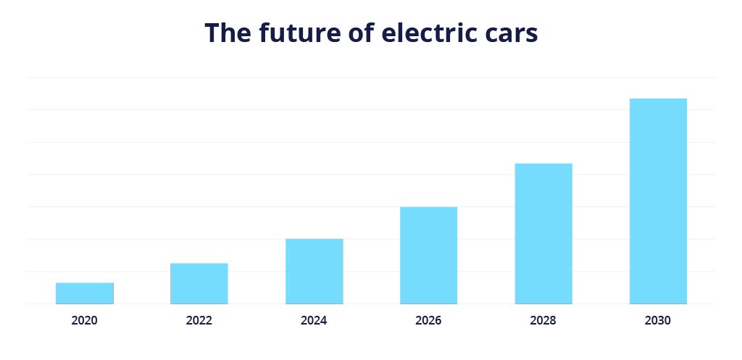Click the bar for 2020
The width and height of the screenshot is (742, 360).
point(84,293)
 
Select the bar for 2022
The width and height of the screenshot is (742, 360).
point(199,283)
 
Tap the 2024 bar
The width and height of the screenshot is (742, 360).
point(314,271)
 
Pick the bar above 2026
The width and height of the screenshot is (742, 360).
point(428,255)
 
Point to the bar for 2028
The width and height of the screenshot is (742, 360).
point(543,233)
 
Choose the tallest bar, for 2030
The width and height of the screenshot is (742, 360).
point(658,201)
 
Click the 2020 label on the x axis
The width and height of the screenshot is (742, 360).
point(84,320)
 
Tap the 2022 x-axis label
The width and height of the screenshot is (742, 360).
point(199,320)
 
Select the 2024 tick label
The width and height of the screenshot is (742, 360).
point(314,320)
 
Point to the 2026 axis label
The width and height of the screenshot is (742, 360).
point(428,320)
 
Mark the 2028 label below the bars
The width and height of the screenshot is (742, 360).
point(543,320)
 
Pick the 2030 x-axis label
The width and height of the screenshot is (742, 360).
point(658,320)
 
